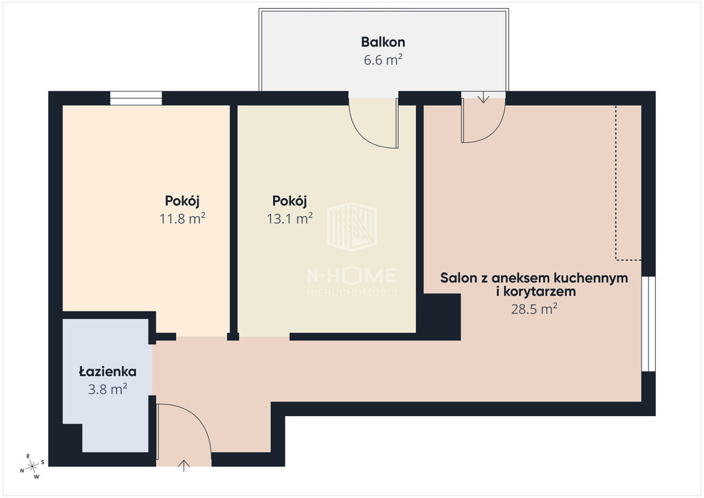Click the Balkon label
point(383,42)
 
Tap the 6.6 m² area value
point(383,60)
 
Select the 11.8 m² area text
point(182,219)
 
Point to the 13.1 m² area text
point(289,219)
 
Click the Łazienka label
point(108,371)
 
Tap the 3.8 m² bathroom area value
point(108,389)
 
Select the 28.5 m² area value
point(534,309)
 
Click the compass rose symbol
point(32,467)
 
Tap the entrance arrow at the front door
point(184,466)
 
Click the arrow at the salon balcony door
point(483,97)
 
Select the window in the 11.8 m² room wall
point(136,98)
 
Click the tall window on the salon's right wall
point(648,324)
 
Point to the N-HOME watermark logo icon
point(351,226)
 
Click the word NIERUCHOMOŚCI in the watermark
point(352,292)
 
